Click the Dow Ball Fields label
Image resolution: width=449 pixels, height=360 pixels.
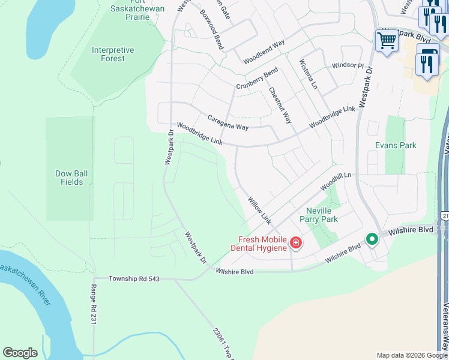[x=71, y=178]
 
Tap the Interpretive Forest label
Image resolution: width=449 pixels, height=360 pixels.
[x=113, y=55]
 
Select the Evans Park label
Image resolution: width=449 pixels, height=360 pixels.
[x=396, y=146]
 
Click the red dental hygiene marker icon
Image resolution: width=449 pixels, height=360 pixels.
[x=295, y=243]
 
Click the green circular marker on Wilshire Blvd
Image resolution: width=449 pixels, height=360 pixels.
[x=372, y=239]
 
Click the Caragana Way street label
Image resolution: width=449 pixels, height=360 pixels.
[x=228, y=122]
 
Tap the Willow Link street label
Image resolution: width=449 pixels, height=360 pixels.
[x=260, y=209]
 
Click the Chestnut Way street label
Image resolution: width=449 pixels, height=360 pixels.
[x=280, y=106]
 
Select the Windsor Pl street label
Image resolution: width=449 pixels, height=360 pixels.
[x=348, y=65]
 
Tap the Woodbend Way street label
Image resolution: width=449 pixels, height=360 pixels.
[x=264, y=52]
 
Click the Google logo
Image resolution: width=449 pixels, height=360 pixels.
[x=20, y=353]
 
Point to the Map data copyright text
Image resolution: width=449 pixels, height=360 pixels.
[x=412, y=355]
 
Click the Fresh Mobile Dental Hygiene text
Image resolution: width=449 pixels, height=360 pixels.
[x=259, y=243]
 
